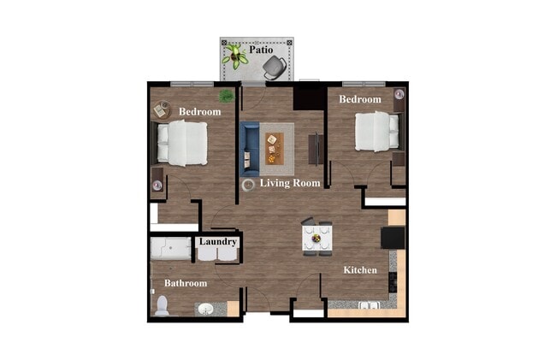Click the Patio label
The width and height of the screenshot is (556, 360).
tap(261, 50)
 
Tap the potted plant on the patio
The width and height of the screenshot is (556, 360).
tap(234, 56)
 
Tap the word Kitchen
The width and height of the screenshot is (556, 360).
tap(360, 270)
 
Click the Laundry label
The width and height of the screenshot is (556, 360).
tap(217, 242)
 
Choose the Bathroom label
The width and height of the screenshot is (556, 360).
tap(186, 283)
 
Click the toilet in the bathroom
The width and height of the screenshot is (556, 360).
tap(162, 304)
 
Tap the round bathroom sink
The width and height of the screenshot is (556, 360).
tap(206, 309)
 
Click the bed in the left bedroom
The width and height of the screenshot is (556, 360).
tap(184, 143)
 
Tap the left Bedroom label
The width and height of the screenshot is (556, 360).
tap(199, 112)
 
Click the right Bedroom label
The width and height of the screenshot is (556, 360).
tap(359, 100)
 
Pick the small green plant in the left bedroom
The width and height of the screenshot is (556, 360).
tap(227, 96)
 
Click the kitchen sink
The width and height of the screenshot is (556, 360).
tap(370, 305)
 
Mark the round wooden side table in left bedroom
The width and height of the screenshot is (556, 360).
tap(161, 109)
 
